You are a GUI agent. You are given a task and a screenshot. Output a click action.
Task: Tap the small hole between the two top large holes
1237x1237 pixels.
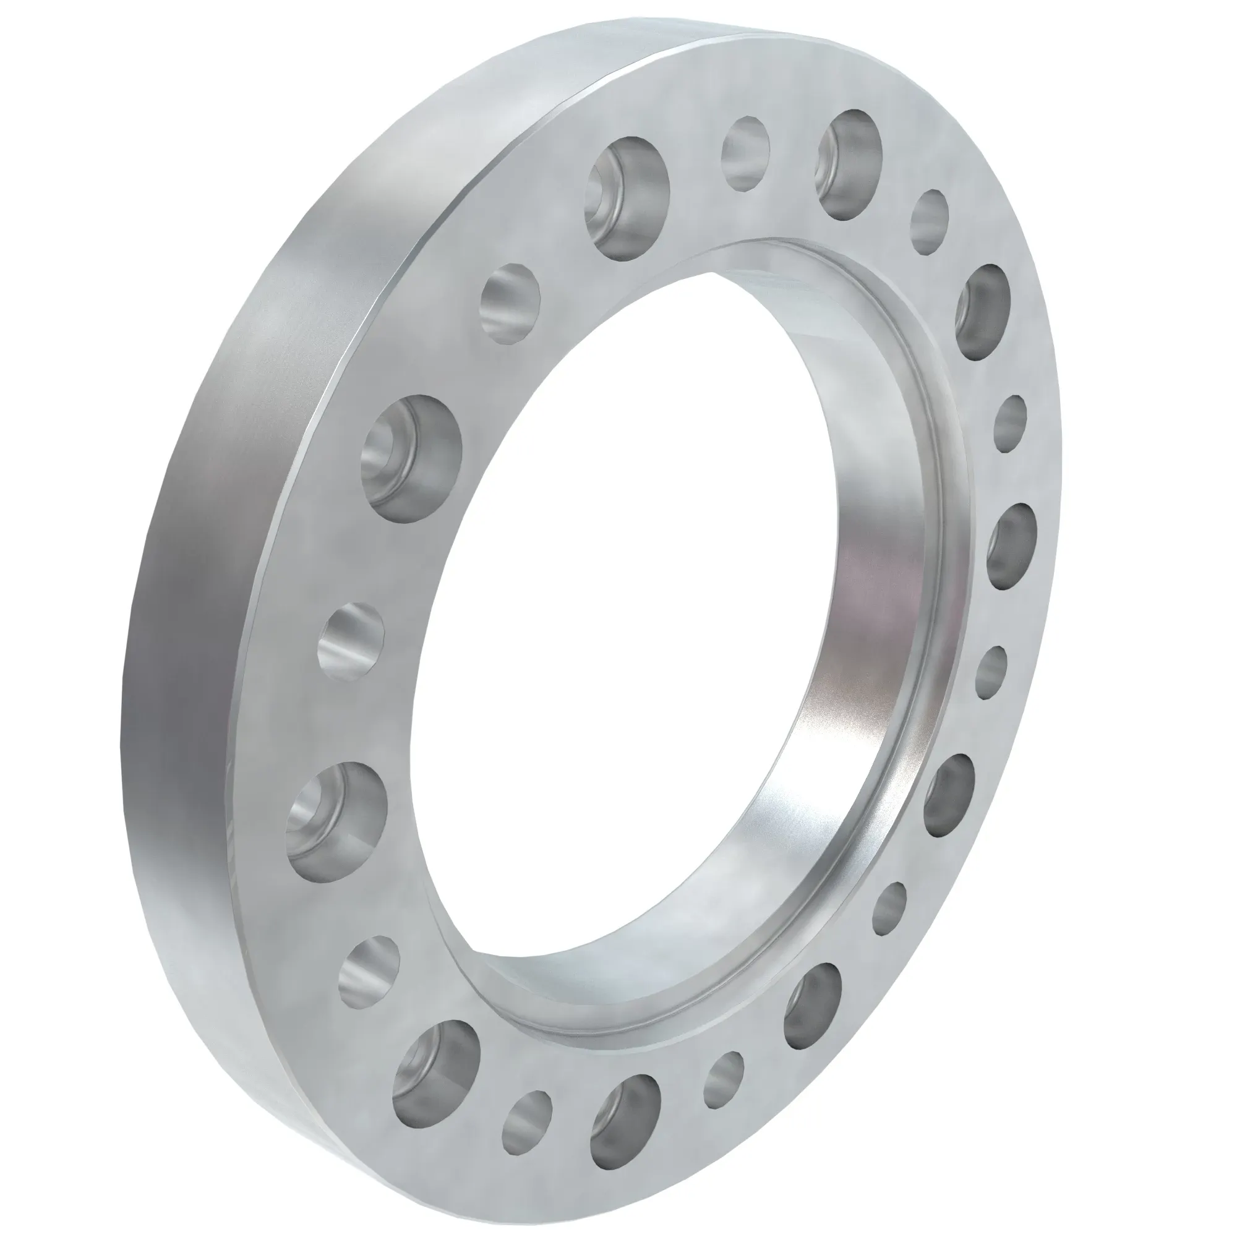[745, 153]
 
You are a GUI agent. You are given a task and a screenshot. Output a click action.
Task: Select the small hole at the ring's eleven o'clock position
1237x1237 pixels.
[510, 301]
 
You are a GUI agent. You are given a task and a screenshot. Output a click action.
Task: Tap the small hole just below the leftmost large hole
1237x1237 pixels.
[369, 970]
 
